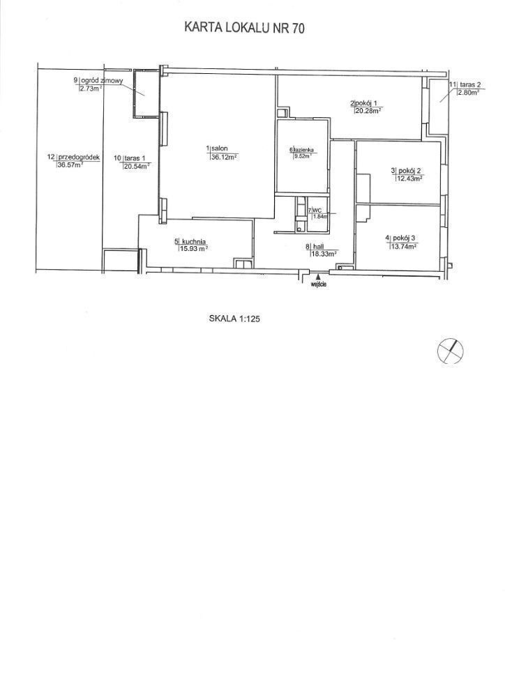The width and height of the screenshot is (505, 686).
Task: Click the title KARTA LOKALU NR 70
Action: (244, 28)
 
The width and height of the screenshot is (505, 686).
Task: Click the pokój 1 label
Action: (367, 103)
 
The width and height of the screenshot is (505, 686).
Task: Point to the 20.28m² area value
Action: (367, 111)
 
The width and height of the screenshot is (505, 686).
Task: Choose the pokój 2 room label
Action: (409, 171)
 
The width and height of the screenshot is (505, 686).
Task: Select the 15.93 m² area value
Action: (193, 248)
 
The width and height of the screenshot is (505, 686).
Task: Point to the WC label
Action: (315, 210)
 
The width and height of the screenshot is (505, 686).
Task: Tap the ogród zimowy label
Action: (103, 80)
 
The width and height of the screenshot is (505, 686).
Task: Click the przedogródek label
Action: (80, 157)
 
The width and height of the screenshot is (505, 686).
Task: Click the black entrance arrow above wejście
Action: (319, 277)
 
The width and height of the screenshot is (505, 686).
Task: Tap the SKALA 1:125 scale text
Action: (235, 319)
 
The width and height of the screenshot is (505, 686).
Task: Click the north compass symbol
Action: (451, 351)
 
